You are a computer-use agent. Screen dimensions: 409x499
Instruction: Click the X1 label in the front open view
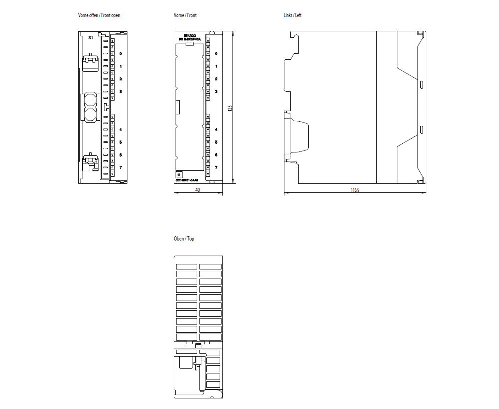(x=90, y=38)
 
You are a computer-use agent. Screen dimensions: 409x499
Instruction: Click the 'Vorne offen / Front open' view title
(x=99, y=16)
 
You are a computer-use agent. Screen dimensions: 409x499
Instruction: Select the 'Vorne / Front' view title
(x=185, y=16)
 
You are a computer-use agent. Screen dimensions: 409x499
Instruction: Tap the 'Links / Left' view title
(x=293, y=16)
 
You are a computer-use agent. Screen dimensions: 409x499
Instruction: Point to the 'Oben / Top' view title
(x=184, y=239)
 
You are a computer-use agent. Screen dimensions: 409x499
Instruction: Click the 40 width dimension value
(x=198, y=190)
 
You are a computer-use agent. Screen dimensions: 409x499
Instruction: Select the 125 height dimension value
(x=230, y=108)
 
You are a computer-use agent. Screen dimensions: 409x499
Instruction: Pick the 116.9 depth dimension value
(x=355, y=190)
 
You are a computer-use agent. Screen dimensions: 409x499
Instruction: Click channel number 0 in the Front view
(x=216, y=54)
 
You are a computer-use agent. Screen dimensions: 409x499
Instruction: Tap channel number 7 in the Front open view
(x=121, y=168)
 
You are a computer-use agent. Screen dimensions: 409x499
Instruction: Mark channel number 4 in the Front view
(x=216, y=130)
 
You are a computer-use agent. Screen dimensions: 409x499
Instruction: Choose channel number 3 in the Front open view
(x=121, y=92)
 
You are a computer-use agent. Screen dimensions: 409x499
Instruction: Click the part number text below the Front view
(x=187, y=180)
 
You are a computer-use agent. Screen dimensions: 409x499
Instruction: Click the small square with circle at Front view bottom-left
(x=179, y=174)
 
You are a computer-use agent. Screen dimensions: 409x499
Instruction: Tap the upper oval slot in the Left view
(x=422, y=84)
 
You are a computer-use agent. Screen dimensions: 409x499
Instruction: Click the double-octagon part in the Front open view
(x=90, y=107)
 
